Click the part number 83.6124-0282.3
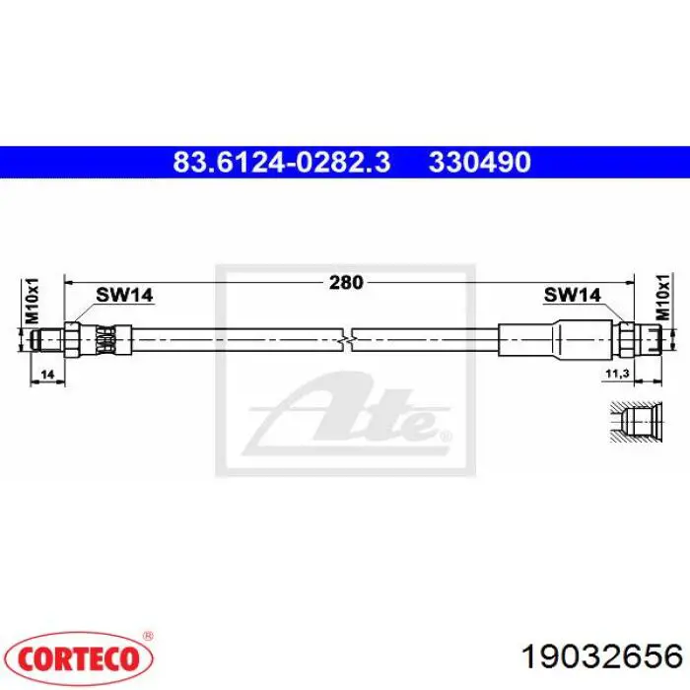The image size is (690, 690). pos(282,162)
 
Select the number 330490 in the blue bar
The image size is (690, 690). pos(480,162)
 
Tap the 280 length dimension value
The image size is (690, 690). pos(346,283)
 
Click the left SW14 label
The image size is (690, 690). pos(124,295)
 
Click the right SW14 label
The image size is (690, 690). pos(572,295)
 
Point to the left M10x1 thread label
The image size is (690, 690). pos(32,301)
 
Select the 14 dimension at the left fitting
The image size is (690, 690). pos(47,375)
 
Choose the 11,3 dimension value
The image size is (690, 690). pos(617,374)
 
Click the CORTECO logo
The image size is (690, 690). pos(78,658)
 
